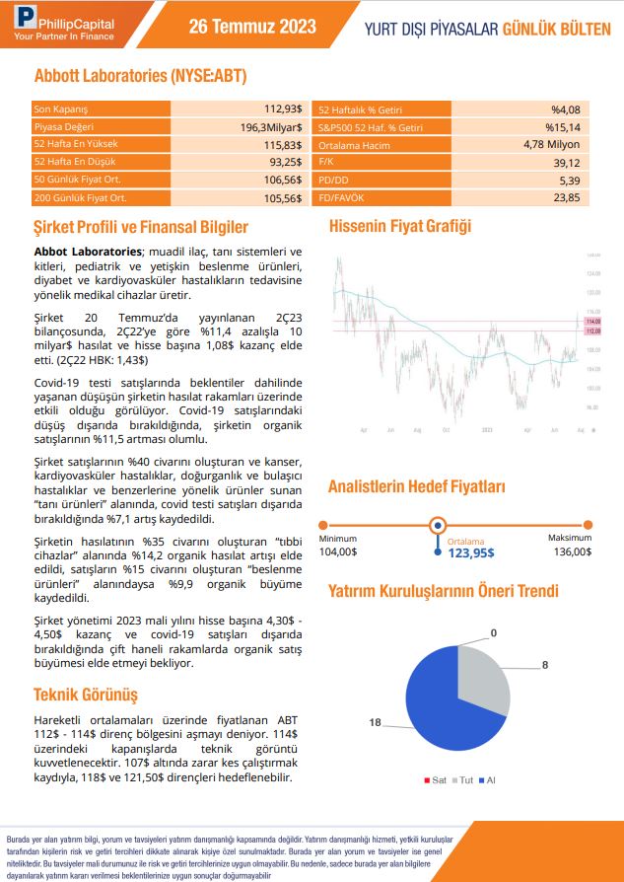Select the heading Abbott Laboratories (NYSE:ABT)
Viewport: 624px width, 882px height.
140,76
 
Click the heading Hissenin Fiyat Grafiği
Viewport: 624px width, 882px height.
399,226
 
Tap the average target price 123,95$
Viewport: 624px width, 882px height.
456,553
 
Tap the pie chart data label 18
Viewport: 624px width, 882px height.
375,723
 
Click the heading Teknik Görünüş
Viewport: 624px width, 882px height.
86,694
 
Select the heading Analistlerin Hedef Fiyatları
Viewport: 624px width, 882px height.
417,486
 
